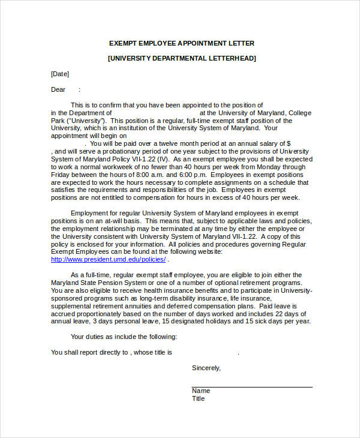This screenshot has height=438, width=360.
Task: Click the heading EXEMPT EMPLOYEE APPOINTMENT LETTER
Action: [181, 43]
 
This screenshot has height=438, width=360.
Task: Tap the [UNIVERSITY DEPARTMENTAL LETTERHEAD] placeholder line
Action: [181, 58]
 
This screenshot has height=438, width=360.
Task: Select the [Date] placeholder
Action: [60, 74]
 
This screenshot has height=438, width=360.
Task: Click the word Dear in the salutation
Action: [58, 89]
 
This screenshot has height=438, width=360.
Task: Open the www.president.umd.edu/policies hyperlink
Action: [108, 259]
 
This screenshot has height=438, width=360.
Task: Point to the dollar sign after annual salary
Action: [289, 144]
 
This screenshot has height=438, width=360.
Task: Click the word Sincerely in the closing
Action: [206, 368]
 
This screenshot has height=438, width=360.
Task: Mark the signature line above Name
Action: [252, 387]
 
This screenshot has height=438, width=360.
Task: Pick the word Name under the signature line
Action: [201, 391]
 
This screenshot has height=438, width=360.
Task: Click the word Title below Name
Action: [199, 398]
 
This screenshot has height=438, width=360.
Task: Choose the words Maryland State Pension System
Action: [96, 283]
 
